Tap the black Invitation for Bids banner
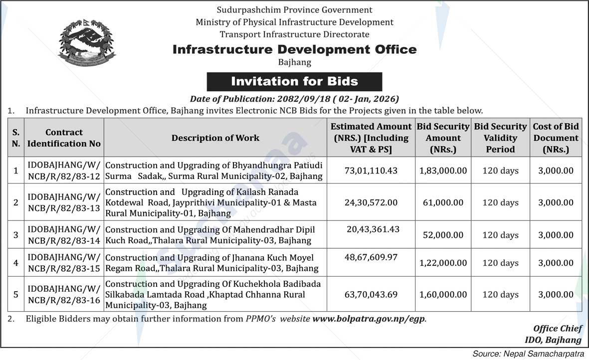point(294,81)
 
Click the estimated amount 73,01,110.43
point(371,171)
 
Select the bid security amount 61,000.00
point(443,202)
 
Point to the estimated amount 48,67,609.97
point(371,257)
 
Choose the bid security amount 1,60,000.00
point(443,295)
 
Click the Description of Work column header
point(215,138)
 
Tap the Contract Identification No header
point(64,138)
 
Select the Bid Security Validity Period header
point(500,138)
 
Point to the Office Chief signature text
point(557,329)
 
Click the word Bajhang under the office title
point(294,62)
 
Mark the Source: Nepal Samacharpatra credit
point(528,354)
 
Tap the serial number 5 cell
point(16,295)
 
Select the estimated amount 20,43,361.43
point(373,229)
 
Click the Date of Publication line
point(294,99)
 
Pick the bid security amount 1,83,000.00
point(443,171)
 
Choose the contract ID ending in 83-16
point(64,295)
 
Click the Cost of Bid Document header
point(556,138)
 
